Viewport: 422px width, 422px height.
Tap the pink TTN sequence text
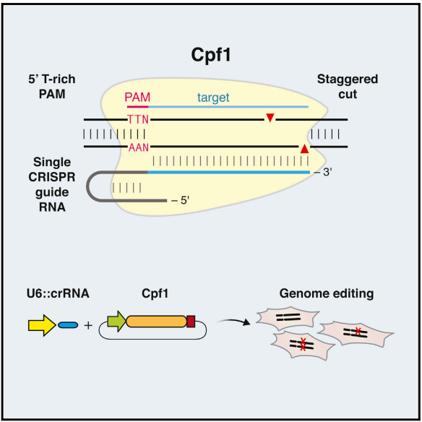137,119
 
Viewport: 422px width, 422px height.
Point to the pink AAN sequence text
137,147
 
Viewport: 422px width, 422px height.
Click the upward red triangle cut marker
304,148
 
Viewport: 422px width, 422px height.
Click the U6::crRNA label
53,295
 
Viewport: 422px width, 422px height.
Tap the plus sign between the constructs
88,325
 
